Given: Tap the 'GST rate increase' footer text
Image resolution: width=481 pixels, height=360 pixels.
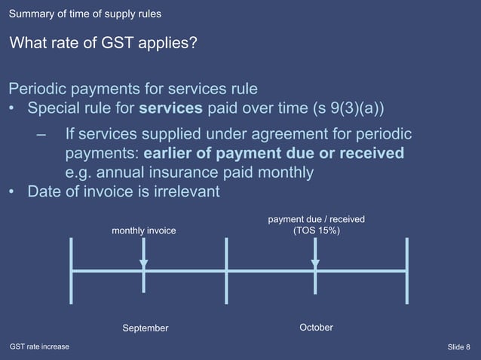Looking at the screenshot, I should coord(39,346).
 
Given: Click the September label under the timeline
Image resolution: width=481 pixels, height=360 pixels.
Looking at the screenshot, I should coord(146,328).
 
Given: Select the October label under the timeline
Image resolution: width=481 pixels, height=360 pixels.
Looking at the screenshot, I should coord(316,328).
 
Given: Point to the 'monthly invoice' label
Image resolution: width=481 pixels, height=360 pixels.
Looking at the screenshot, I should coord(144,230).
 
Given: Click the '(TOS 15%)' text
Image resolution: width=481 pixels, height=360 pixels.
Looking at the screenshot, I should coord(316,230).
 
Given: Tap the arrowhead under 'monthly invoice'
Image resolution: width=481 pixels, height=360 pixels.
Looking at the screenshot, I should coord(144,264).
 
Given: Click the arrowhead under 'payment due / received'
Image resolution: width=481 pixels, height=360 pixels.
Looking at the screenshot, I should coord(316,264).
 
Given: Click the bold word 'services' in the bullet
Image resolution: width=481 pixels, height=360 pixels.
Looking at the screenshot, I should coord(171,108).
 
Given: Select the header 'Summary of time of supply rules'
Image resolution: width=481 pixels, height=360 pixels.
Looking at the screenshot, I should coord(85,14).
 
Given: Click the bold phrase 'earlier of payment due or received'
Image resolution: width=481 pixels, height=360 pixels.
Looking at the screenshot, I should coord(274,154).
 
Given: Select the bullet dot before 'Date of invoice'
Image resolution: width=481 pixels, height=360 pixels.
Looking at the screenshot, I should coord(13,192).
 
